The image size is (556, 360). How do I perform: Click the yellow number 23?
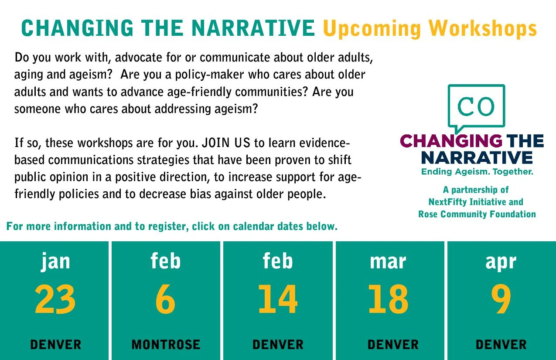coord(55,299)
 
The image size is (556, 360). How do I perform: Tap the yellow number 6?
coord(165,299)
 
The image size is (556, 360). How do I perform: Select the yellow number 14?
coord(278,299)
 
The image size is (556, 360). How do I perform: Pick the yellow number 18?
coord(389,299)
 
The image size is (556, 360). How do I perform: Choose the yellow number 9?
coord(501,299)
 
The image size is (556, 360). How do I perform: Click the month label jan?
coord(55,261)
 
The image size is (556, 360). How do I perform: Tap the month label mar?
coord(388,262)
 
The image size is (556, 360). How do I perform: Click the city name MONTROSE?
coord(166,345)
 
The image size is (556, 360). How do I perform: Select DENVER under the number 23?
coord(56,345)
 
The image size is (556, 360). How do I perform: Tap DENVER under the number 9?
coord(501,345)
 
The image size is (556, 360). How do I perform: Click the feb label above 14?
coord(278,261)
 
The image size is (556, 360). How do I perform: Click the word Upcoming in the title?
coord(372,29)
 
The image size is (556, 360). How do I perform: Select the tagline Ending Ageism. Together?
coord(477,171)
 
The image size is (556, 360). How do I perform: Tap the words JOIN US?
coord(226,143)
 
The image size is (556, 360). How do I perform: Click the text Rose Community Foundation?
coord(477,214)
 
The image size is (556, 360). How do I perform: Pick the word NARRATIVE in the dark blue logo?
coord(477,158)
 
